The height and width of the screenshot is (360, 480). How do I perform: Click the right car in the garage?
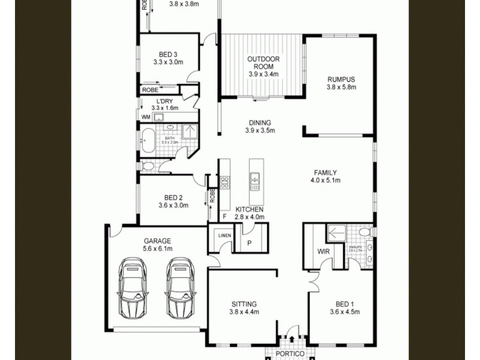(x=181, y=288)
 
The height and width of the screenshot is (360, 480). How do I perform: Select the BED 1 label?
(x=340, y=304)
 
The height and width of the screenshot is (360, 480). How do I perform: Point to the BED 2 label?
(x=173, y=197)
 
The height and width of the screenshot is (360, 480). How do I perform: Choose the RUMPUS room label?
(x=341, y=79)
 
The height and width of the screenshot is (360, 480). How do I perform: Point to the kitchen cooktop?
(x=224, y=182)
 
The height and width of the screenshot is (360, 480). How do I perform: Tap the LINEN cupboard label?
(x=225, y=235)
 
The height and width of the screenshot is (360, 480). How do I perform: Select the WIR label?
(x=323, y=251)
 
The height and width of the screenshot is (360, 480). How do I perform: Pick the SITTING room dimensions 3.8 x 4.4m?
(x=243, y=312)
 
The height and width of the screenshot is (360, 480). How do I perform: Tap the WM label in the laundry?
(x=146, y=117)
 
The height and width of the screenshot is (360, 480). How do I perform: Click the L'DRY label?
(x=165, y=101)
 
